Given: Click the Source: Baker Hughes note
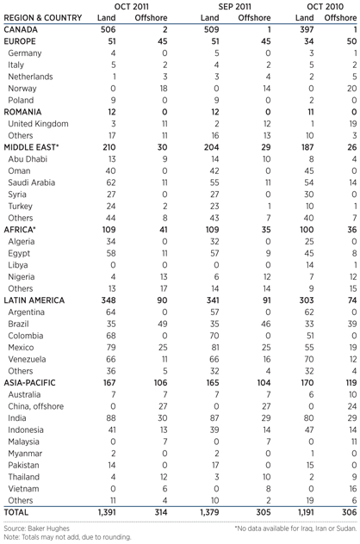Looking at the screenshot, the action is coord(37,527).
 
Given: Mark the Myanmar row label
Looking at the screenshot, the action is coord(26,470).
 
